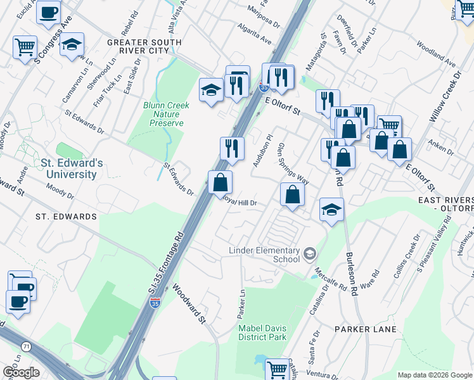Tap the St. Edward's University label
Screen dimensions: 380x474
tap(68, 169)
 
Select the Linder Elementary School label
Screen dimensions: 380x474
tap(264, 255)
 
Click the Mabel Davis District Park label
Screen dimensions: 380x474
tap(262, 332)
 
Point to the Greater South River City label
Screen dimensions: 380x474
tap(144, 47)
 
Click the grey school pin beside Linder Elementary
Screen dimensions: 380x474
tap(309, 255)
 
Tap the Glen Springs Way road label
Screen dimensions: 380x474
tap(293, 164)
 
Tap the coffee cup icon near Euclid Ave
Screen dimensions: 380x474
tap(49, 12)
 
